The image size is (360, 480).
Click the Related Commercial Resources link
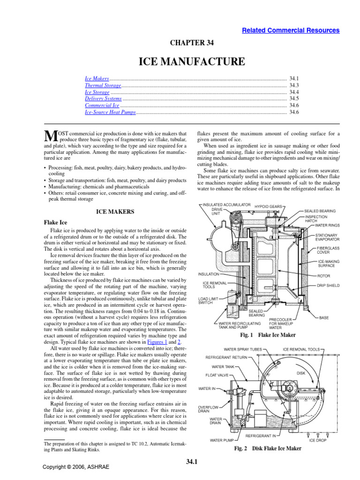click(x=291, y=30)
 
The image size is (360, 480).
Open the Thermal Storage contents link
click(x=103, y=86)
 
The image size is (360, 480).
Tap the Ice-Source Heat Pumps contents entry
click(x=109, y=112)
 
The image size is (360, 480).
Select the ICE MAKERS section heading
click(x=115, y=212)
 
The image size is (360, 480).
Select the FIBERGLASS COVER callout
click(x=327, y=251)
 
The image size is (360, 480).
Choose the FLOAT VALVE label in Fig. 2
click(x=217, y=375)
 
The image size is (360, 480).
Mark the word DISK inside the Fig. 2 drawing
click(x=301, y=373)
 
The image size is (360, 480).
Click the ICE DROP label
click(x=318, y=440)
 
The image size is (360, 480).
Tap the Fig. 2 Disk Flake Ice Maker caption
click(x=267, y=449)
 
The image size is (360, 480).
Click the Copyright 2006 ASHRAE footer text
click(x=71, y=467)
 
